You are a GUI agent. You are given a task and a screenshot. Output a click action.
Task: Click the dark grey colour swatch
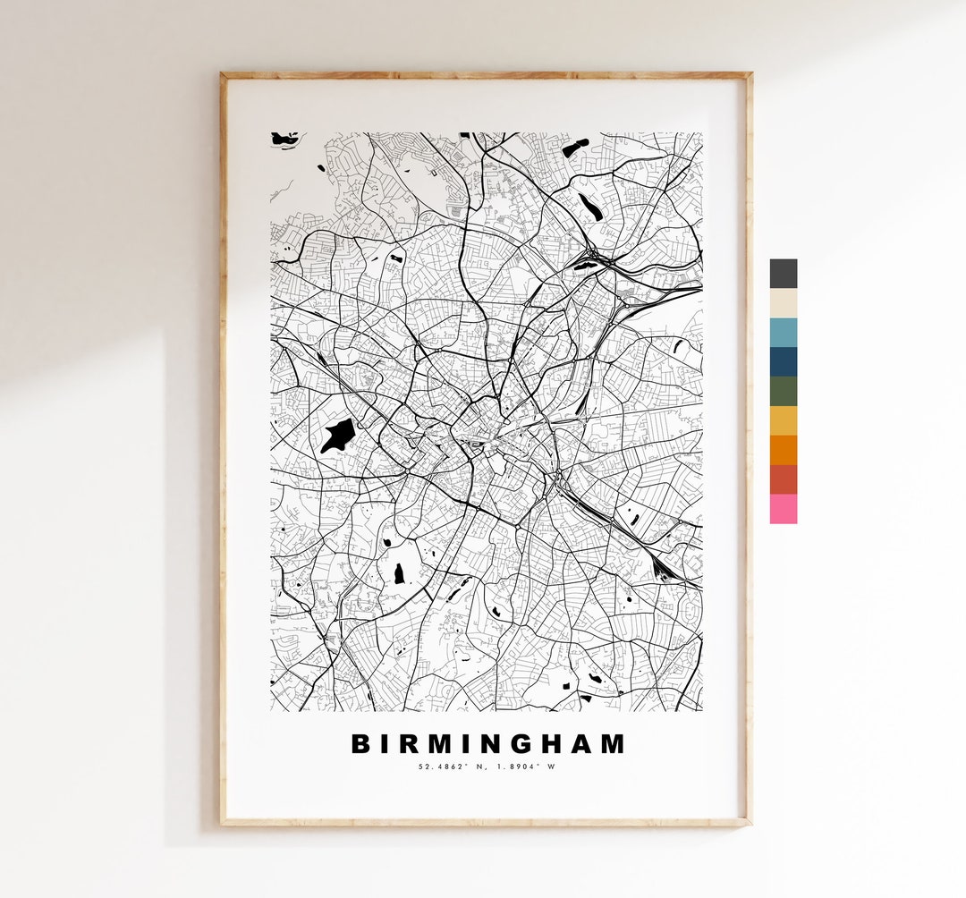(784, 274)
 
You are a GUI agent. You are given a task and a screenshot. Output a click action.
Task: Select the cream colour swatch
(784, 303)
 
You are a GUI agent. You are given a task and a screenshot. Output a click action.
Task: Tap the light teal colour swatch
(784, 333)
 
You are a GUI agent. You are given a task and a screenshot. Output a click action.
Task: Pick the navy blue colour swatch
(784, 362)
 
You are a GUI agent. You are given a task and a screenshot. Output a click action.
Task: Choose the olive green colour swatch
(784, 392)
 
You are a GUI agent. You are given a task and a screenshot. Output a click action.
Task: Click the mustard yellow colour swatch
(784, 421)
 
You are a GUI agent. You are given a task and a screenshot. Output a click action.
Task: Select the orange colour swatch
(784, 450)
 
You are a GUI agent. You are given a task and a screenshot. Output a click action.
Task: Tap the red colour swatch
(784, 479)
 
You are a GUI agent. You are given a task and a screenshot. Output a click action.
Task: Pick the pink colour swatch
(784, 509)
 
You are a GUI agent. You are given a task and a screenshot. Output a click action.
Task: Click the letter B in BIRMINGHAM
(360, 744)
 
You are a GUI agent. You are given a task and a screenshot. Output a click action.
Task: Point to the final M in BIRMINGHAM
(613, 744)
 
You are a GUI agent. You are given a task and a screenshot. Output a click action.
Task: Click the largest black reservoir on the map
(338, 436)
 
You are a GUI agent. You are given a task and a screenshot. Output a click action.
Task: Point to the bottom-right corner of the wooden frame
(749, 822)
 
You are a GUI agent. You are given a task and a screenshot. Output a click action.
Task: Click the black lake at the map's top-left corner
(286, 139)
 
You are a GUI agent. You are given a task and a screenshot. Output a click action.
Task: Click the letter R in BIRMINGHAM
(407, 744)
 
